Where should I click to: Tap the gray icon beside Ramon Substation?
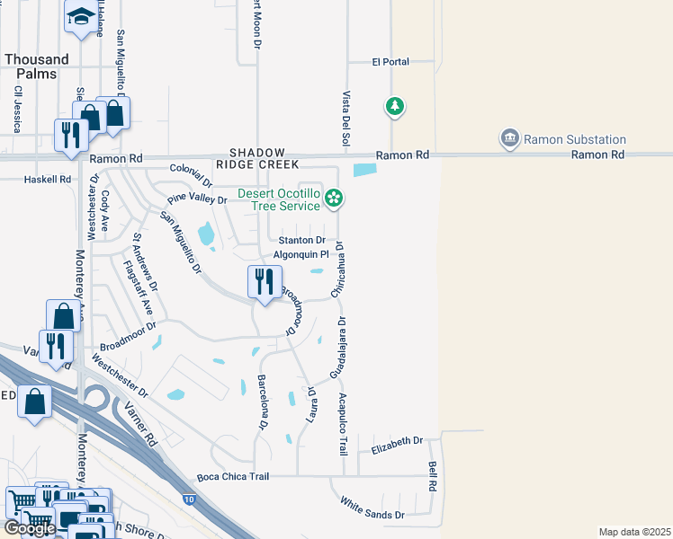click(510, 138)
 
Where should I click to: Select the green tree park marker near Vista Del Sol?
click(394, 107)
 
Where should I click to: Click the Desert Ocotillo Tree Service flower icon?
click(334, 198)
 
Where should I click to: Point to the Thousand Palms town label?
click(36, 66)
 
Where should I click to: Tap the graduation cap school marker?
click(82, 15)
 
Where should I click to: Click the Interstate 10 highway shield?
click(189, 497)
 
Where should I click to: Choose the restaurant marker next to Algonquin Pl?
click(264, 282)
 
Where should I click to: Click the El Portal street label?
click(390, 62)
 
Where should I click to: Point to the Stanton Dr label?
click(301, 240)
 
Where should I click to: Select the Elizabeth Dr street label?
click(397, 441)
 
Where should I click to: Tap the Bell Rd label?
click(433, 476)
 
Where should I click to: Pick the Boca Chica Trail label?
click(233, 476)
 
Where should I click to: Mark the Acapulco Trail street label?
click(343, 424)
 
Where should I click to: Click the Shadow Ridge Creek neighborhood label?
click(256, 159)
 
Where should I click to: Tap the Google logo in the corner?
click(29, 528)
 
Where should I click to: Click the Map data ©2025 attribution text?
click(633, 532)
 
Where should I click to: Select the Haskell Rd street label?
click(48, 180)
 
